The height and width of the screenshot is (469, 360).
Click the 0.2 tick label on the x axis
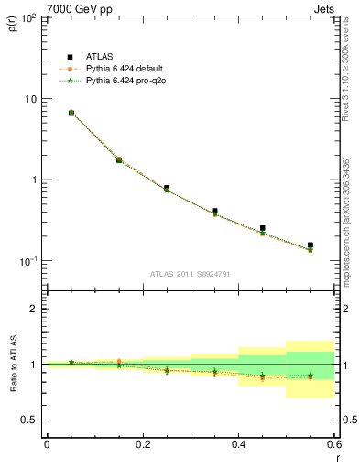142,444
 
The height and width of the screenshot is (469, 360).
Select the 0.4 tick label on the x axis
238,444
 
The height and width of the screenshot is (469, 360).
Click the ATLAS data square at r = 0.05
71,113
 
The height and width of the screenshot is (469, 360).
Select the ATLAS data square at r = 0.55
311,245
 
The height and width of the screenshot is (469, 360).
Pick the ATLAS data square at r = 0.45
263,228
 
